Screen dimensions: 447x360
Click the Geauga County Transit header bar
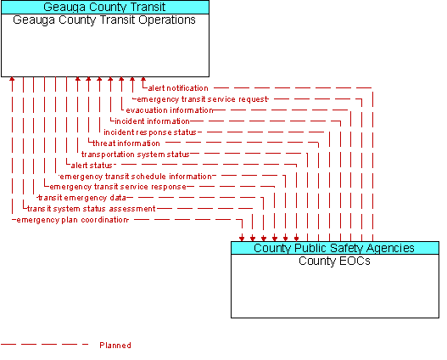click(x=105, y=7)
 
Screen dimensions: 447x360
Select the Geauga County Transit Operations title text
click(x=104, y=20)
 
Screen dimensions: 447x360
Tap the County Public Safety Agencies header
click(x=335, y=248)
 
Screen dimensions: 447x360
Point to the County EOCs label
click(x=334, y=261)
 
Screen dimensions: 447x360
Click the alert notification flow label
click(x=178, y=88)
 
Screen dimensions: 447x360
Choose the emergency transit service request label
click(x=203, y=99)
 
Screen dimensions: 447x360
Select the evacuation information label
click(x=170, y=110)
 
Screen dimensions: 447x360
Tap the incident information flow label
click(x=152, y=121)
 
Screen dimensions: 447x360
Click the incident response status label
click(x=150, y=132)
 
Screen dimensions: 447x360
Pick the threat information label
click(x=126, y=143)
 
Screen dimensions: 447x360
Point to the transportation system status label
click(x=136, y=155)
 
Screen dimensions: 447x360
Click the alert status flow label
click(x=92, y=166)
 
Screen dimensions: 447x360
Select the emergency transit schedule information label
click(x=136, y=177)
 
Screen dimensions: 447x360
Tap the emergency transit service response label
click(x=118, y=187)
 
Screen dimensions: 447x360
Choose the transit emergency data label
click(x=82, y=198)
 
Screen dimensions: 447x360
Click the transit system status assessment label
click(x=92, y=209)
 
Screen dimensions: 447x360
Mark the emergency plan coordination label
click(x=72, y=220)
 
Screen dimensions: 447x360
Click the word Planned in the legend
click(x=115, y=346)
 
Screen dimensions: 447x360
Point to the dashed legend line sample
click(x=44, y=345)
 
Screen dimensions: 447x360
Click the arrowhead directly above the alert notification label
click(x=143, y=79)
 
